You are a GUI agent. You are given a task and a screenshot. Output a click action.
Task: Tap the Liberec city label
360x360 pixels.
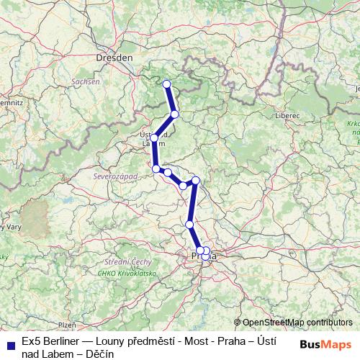[287, 114]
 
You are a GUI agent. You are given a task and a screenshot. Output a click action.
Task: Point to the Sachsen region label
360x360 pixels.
[85, 82]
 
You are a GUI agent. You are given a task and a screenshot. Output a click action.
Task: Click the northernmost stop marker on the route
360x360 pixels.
[167, 84]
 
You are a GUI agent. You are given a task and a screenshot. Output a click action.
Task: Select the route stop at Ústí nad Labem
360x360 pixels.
[154, 138]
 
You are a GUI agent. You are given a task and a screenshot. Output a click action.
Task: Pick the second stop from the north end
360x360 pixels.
[174, 114]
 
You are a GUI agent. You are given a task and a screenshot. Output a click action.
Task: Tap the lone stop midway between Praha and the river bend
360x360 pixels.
[189, 225]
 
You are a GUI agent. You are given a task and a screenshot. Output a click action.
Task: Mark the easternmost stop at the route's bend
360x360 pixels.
[195, 181]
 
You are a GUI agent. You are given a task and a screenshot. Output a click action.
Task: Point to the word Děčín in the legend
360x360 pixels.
[99, 353]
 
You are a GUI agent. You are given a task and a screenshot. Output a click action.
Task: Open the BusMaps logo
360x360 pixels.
[325, 345]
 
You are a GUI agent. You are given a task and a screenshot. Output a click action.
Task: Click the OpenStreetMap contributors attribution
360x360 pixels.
[297, 323]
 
